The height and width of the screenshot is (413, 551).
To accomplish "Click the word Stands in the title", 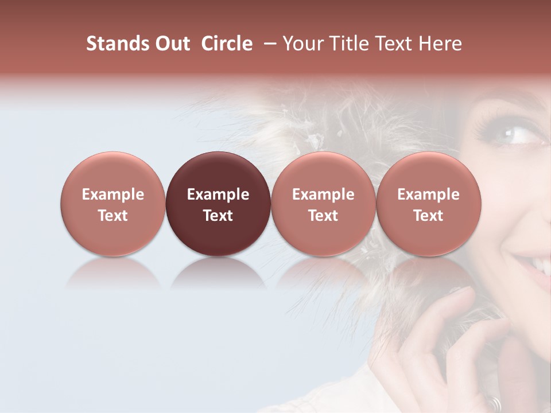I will (116, 44).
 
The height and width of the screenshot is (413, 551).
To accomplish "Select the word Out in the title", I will (170, 44).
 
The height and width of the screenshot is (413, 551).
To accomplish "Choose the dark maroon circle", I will (218, 204).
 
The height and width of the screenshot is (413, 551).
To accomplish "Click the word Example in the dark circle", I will (218, 194).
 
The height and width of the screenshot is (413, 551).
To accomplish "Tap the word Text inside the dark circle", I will (218, 216).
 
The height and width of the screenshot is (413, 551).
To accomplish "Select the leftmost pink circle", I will (112, 204).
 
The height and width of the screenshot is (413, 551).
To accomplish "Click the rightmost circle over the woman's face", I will (429, 204).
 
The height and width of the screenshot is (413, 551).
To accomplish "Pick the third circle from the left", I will (323, 204).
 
